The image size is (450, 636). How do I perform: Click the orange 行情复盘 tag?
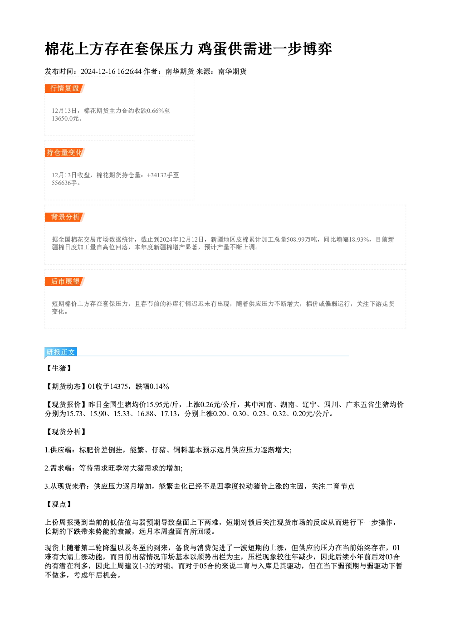[65, 88]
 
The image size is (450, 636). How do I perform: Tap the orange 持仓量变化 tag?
[65, 153]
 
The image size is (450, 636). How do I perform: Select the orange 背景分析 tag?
[65, 217]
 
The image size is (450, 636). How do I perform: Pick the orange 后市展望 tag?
[65, 282]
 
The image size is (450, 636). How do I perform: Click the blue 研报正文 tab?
[61, 352]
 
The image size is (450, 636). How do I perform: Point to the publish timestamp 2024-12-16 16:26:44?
[111, 72]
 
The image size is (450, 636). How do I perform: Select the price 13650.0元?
[65, 119]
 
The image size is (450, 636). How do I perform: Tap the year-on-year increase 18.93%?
[359, 240]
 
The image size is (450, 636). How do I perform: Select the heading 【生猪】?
[59, 369]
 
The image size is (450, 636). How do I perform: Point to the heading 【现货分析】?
[66, 432]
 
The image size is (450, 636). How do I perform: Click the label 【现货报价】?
[66, 405]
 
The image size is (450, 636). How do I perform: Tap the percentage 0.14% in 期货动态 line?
[159, 387]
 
